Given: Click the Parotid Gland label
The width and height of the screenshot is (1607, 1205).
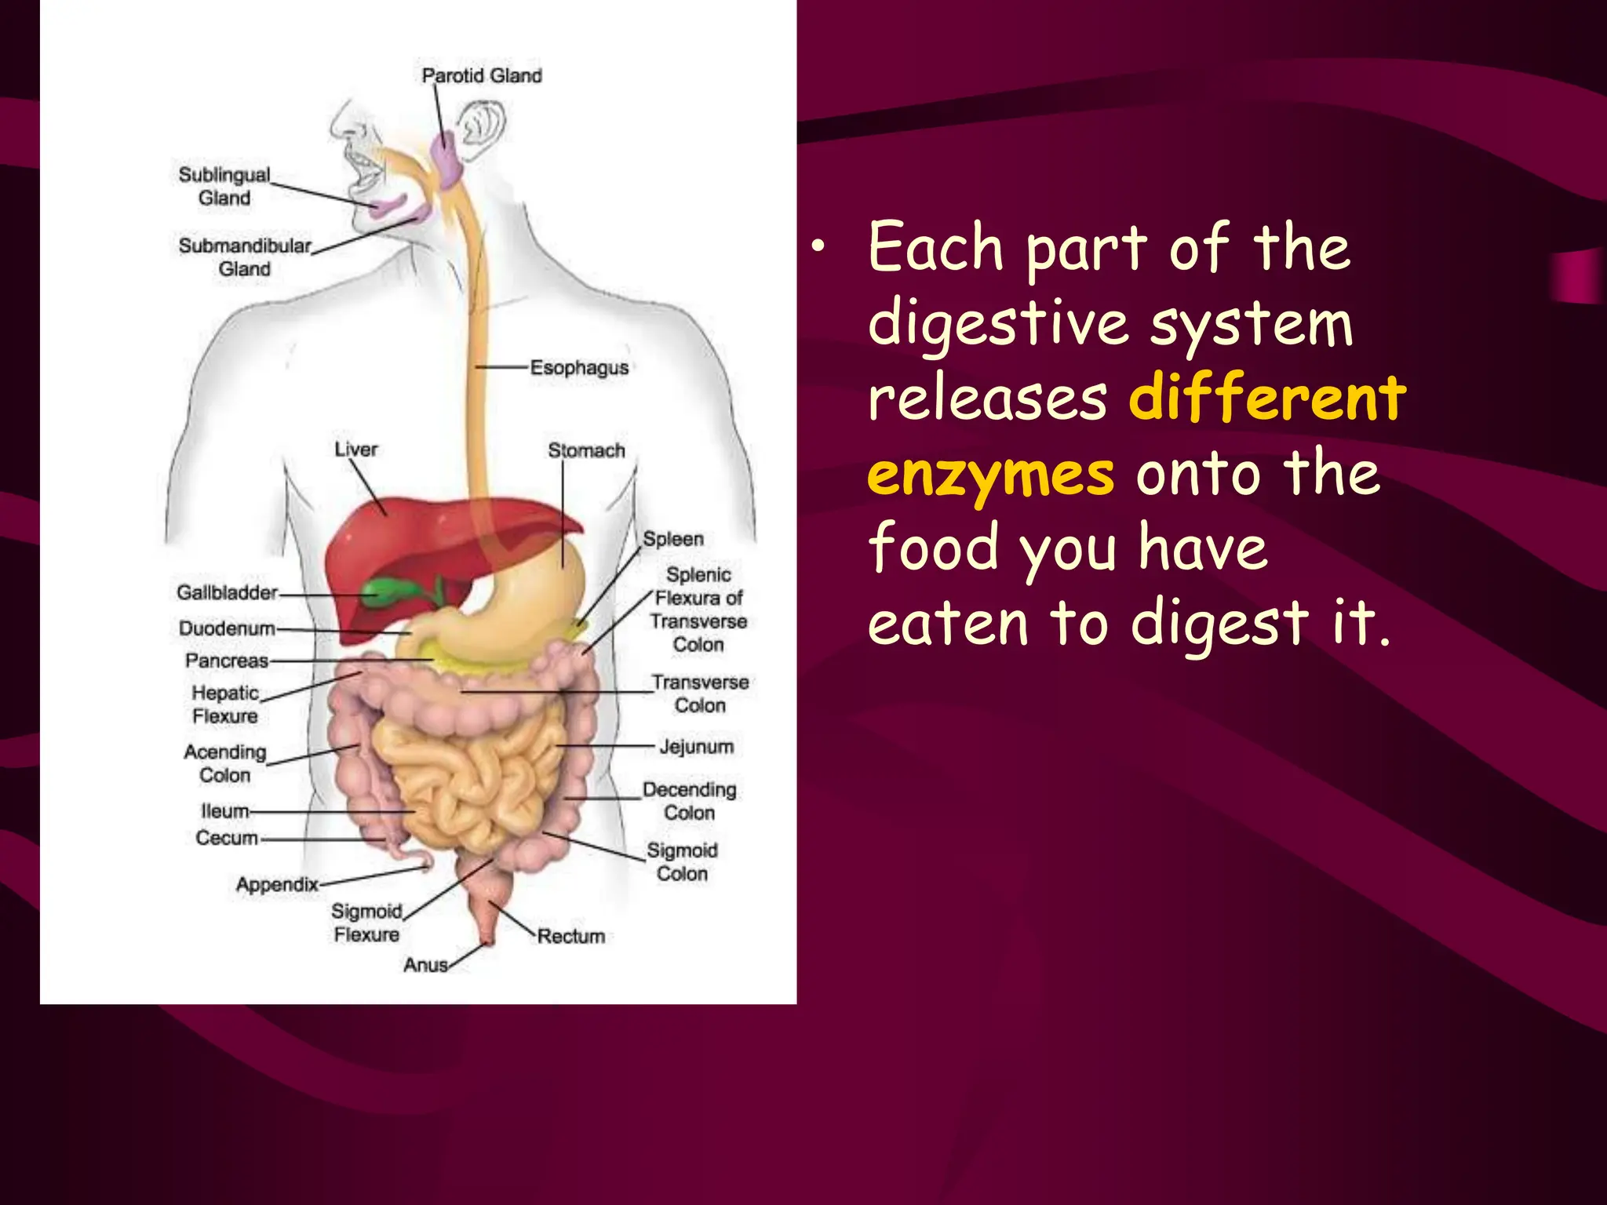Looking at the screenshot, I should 482,75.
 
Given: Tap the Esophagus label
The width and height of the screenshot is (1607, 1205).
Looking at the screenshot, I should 579,367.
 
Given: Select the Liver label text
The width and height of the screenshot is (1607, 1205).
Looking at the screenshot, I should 356,450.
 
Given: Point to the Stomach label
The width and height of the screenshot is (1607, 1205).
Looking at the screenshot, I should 586,450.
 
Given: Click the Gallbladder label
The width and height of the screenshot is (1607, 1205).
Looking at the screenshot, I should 227,592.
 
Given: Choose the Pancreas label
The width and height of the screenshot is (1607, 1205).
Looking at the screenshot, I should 227,661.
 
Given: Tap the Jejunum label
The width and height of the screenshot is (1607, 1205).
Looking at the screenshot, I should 697,746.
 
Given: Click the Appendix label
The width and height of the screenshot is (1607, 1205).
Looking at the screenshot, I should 277,884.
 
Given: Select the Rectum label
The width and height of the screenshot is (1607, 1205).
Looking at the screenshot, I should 571,936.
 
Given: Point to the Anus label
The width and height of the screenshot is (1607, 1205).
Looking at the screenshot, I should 425,965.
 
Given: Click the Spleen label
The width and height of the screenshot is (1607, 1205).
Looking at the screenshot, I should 673,539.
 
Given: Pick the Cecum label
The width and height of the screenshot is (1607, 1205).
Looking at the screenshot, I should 227,838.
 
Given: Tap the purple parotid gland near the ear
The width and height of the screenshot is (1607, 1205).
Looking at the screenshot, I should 446,161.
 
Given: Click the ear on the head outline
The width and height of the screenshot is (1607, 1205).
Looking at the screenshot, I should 480,126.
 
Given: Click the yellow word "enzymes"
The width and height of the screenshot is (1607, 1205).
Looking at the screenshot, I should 990,475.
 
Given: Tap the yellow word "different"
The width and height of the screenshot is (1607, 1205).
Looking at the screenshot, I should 1267,398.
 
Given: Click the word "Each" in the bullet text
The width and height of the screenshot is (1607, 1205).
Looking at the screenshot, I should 936,248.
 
